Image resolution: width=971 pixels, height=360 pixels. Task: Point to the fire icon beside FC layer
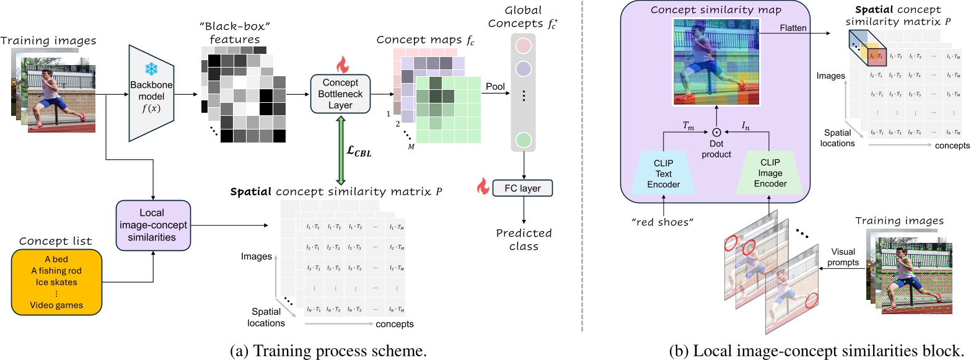[482, 184]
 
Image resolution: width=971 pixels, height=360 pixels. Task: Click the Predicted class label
[521, 239]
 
